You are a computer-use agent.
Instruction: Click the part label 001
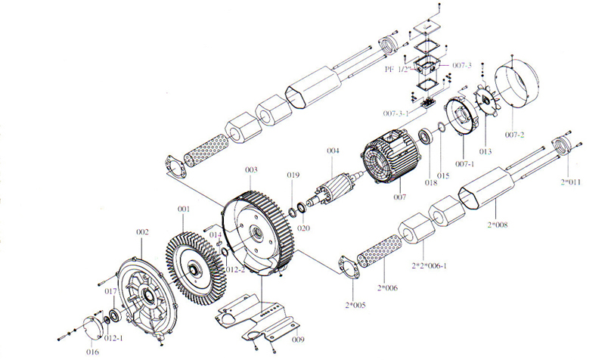point(182,208)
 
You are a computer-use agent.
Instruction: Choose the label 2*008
point(497,225)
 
